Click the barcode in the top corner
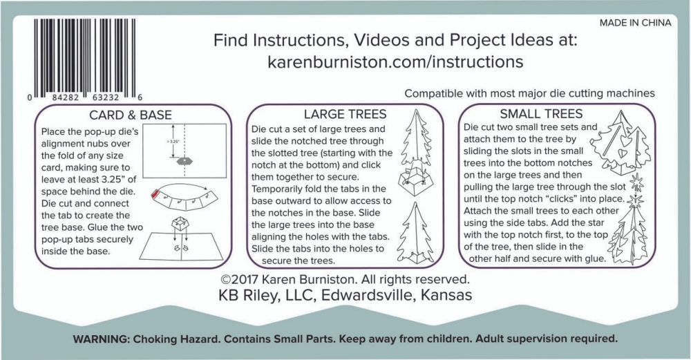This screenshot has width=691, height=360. pyautogui.click(x=84, y=58)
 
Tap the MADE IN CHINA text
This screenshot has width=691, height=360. pyautogui.click(x=635, y=23)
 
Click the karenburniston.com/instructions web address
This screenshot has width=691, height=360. pyautogui.click(x=395, y=61)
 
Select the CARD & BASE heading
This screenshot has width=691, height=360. pyautogui.click(x=131, y=115)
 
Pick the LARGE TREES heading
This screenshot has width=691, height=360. pyautogui.click(x=345, y=114)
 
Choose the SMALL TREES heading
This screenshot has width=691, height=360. pyautogui.click(x=541, y=114)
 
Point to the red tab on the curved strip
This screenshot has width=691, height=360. pyautogui.click(x=155, y=194)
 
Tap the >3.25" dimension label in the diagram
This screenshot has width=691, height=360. pyautogui.click(x=174, y=142)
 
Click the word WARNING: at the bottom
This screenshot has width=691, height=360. pyautogui.click(x=100, y=339)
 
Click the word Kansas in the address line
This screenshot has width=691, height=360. pyautogui.click(x=446, y=295)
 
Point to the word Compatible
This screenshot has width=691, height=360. pyautogui.click(x=428, y=94)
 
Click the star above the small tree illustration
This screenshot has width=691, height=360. pyautogui.click(x=636, y=182)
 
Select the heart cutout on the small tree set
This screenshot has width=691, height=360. pyautogui.click(x=623, y=153)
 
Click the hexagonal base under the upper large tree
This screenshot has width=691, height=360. pyautogui.click(x=415, y=180)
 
